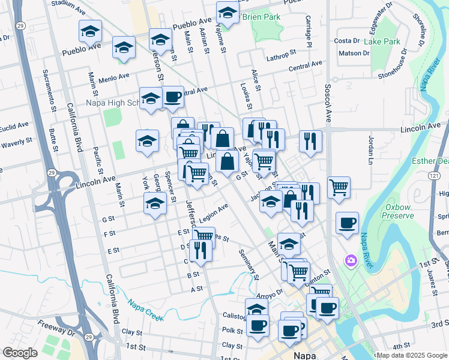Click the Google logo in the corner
(20, 352)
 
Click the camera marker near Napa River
(349, 260)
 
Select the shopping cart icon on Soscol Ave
(339, 187)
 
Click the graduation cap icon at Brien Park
(228, 12)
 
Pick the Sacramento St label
(49, 91)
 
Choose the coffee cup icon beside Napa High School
(173, 97)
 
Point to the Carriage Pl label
(309, 32)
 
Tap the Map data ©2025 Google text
(411, 355)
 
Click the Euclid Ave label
(14, 127)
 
